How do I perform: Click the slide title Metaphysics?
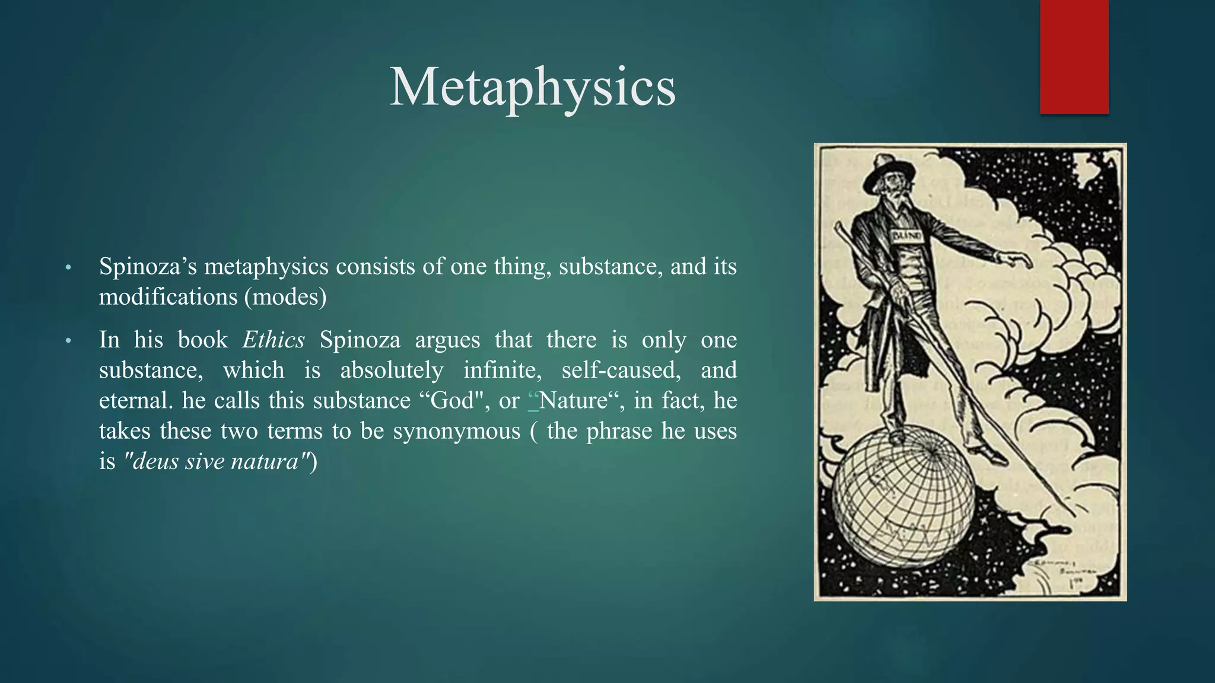coord(532,88)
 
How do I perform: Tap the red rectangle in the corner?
coord(1074,56)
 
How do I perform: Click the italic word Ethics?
coord(273,340)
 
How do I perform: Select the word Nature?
coord(573,401)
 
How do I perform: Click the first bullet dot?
coord(68,268)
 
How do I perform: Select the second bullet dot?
coord(68,341)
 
